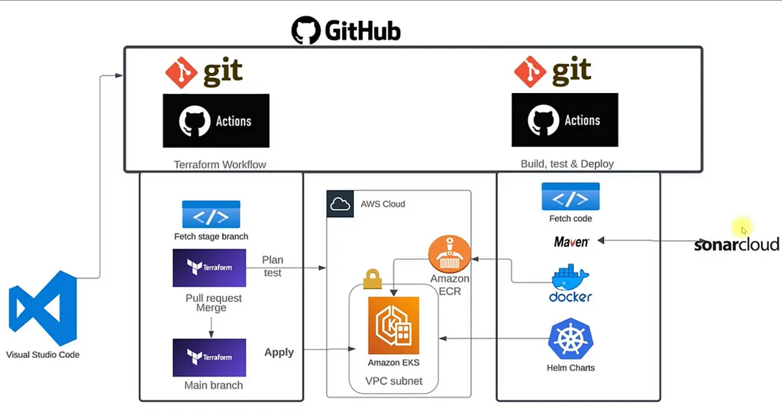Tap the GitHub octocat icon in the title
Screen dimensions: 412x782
306,31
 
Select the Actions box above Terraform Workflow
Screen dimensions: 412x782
216,120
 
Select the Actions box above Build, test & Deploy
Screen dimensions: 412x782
564,120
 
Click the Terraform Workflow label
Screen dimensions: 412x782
220,165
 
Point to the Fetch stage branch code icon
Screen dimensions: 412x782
210,214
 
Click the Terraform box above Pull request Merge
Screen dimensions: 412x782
209,268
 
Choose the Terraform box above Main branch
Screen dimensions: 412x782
209,357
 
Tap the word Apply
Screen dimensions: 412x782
279,352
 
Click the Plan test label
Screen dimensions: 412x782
272,266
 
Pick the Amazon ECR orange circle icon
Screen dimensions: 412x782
449,254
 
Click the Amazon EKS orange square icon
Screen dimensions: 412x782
394,325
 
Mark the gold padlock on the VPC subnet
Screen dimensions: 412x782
372,279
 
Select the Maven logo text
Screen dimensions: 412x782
572,241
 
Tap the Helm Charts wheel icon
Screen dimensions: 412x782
570,339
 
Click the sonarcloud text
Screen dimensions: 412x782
736,245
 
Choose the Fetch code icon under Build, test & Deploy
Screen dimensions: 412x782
570,197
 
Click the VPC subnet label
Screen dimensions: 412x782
394,381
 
